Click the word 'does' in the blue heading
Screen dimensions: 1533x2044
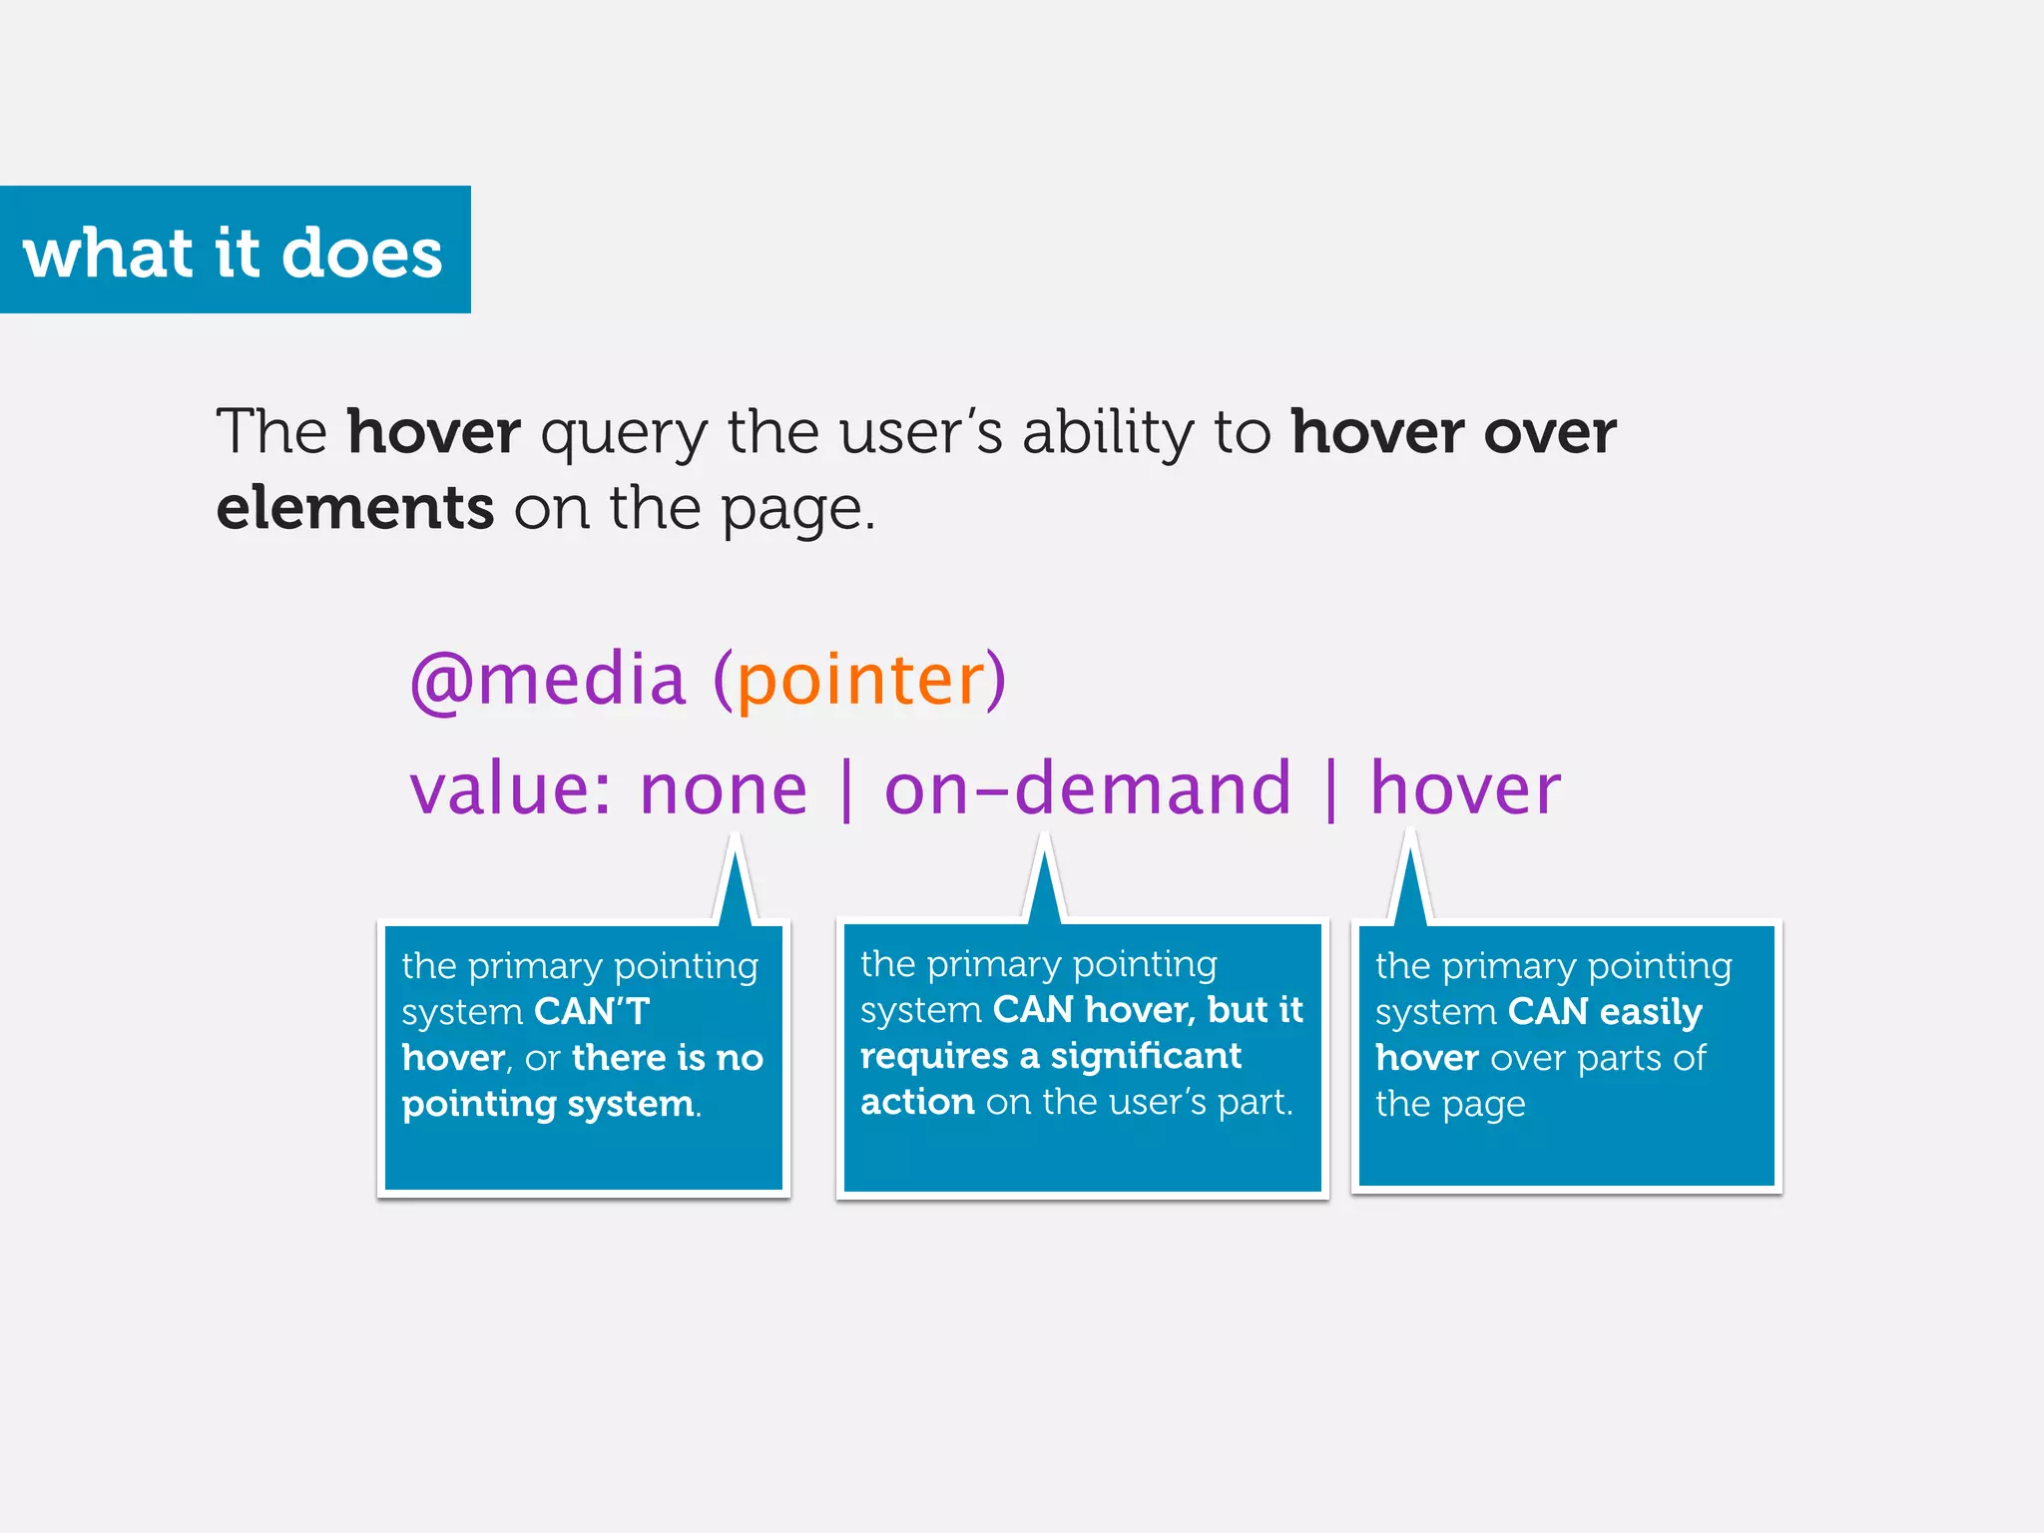(361, 253)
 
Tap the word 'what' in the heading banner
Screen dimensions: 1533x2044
(107, 253)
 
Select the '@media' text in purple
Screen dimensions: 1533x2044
(548, 681)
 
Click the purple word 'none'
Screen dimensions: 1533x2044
(724, 789)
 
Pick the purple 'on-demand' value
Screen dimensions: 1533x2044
(1088, 789)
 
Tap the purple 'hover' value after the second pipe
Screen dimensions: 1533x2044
(1464, 789)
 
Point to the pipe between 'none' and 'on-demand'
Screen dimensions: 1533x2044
(846, 789)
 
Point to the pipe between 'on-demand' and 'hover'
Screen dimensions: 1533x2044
(1331, 789)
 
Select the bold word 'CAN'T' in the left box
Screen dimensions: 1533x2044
(591, 1012)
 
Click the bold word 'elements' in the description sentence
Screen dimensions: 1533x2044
(354, 508)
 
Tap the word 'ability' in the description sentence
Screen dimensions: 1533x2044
(1107, 434)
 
